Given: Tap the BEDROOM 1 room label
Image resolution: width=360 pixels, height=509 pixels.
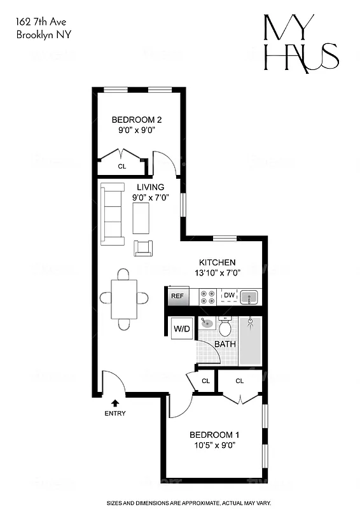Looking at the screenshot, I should (x=214, y=435).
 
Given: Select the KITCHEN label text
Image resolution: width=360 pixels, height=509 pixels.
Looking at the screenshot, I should (x=218, y=262).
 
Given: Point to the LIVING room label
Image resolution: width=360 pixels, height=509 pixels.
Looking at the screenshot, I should (x=151, y=187).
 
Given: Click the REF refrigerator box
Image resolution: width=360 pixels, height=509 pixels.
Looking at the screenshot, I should (x=177, y=296).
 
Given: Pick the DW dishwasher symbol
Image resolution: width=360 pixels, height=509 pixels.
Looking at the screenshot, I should (x=229, y=296).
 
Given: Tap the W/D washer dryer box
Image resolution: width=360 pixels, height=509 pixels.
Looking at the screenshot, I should (x=182, y=330).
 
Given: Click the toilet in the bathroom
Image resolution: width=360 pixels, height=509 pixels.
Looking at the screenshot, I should (x=225, y=327).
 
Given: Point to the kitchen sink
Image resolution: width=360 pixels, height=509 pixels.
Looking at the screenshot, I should (x=249, y=296).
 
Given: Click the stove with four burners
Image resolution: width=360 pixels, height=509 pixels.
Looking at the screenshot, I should (x=208, y=296).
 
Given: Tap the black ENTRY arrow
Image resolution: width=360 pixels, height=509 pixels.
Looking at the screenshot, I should (x=115, y=402).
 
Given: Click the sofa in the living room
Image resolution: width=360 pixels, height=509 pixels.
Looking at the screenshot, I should (x=113, y=213).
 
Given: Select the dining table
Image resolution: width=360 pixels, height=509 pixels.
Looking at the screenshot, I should (x=123, y=298).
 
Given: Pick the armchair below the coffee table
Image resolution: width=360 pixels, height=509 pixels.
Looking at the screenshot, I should (x=143, y=248).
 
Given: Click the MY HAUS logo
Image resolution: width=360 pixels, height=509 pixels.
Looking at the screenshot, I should (x=301, y=43).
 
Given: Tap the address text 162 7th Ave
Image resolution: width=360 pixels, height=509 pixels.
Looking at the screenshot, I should (x=40, y=22).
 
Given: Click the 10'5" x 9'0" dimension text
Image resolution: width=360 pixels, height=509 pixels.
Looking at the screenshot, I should (x=214, y=445).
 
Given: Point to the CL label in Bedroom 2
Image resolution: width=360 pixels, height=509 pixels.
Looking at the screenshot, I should (x=121, y=167).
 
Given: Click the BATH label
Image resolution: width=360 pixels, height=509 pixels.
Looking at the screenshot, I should (x=225, y=344).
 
